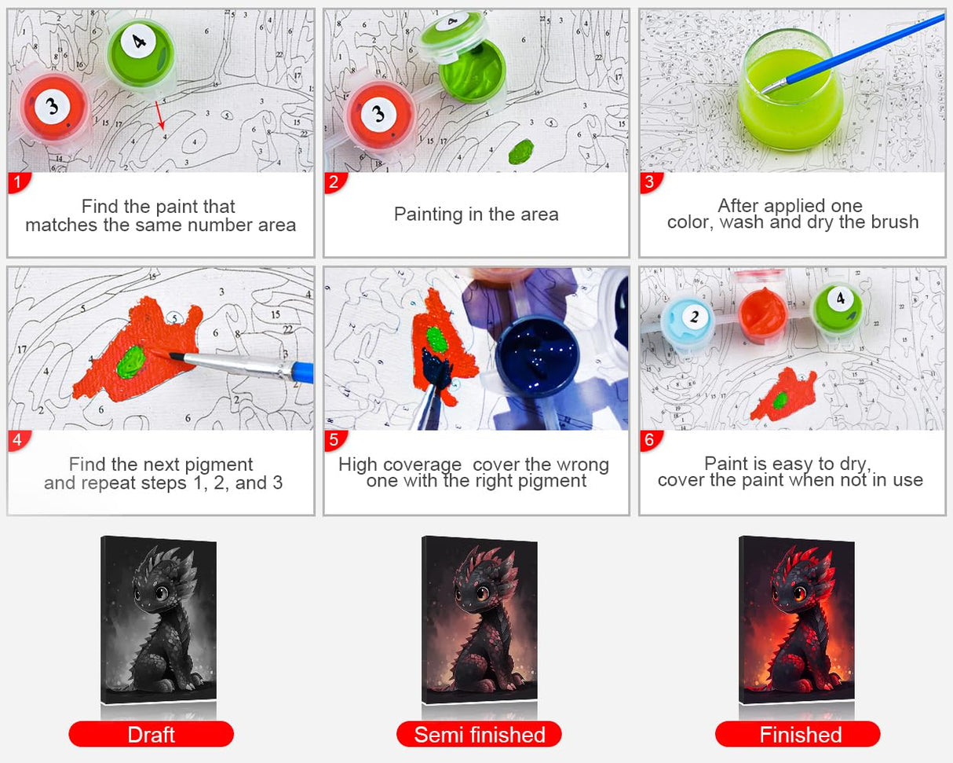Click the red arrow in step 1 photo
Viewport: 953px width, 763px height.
coord(160,116)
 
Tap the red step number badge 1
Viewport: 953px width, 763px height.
coord(19,182)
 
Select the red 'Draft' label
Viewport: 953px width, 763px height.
coord(151,734)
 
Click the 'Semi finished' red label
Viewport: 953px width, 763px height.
coord(479,734)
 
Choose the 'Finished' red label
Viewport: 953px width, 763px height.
coord(798,734)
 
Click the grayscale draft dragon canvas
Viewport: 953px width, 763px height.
coord(159,620)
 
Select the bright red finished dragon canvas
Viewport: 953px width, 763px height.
coord(797,620)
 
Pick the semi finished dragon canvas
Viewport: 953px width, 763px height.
coord(479,620)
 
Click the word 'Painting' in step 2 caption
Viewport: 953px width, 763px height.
coord(429,215)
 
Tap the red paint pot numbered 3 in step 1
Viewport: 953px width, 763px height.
coord(53,108)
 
